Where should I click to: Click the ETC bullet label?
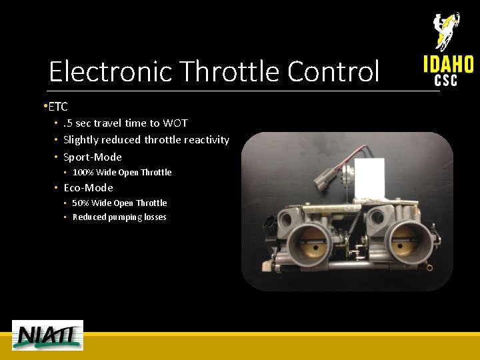58,107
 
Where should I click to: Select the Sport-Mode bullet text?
93,157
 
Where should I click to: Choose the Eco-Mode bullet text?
88,188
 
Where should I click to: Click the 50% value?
80,203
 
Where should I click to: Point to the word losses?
154,217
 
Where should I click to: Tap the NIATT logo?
47,335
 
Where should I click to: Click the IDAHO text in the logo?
448,64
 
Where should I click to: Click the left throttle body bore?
308,242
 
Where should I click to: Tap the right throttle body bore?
405,241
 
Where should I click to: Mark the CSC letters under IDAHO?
446,81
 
